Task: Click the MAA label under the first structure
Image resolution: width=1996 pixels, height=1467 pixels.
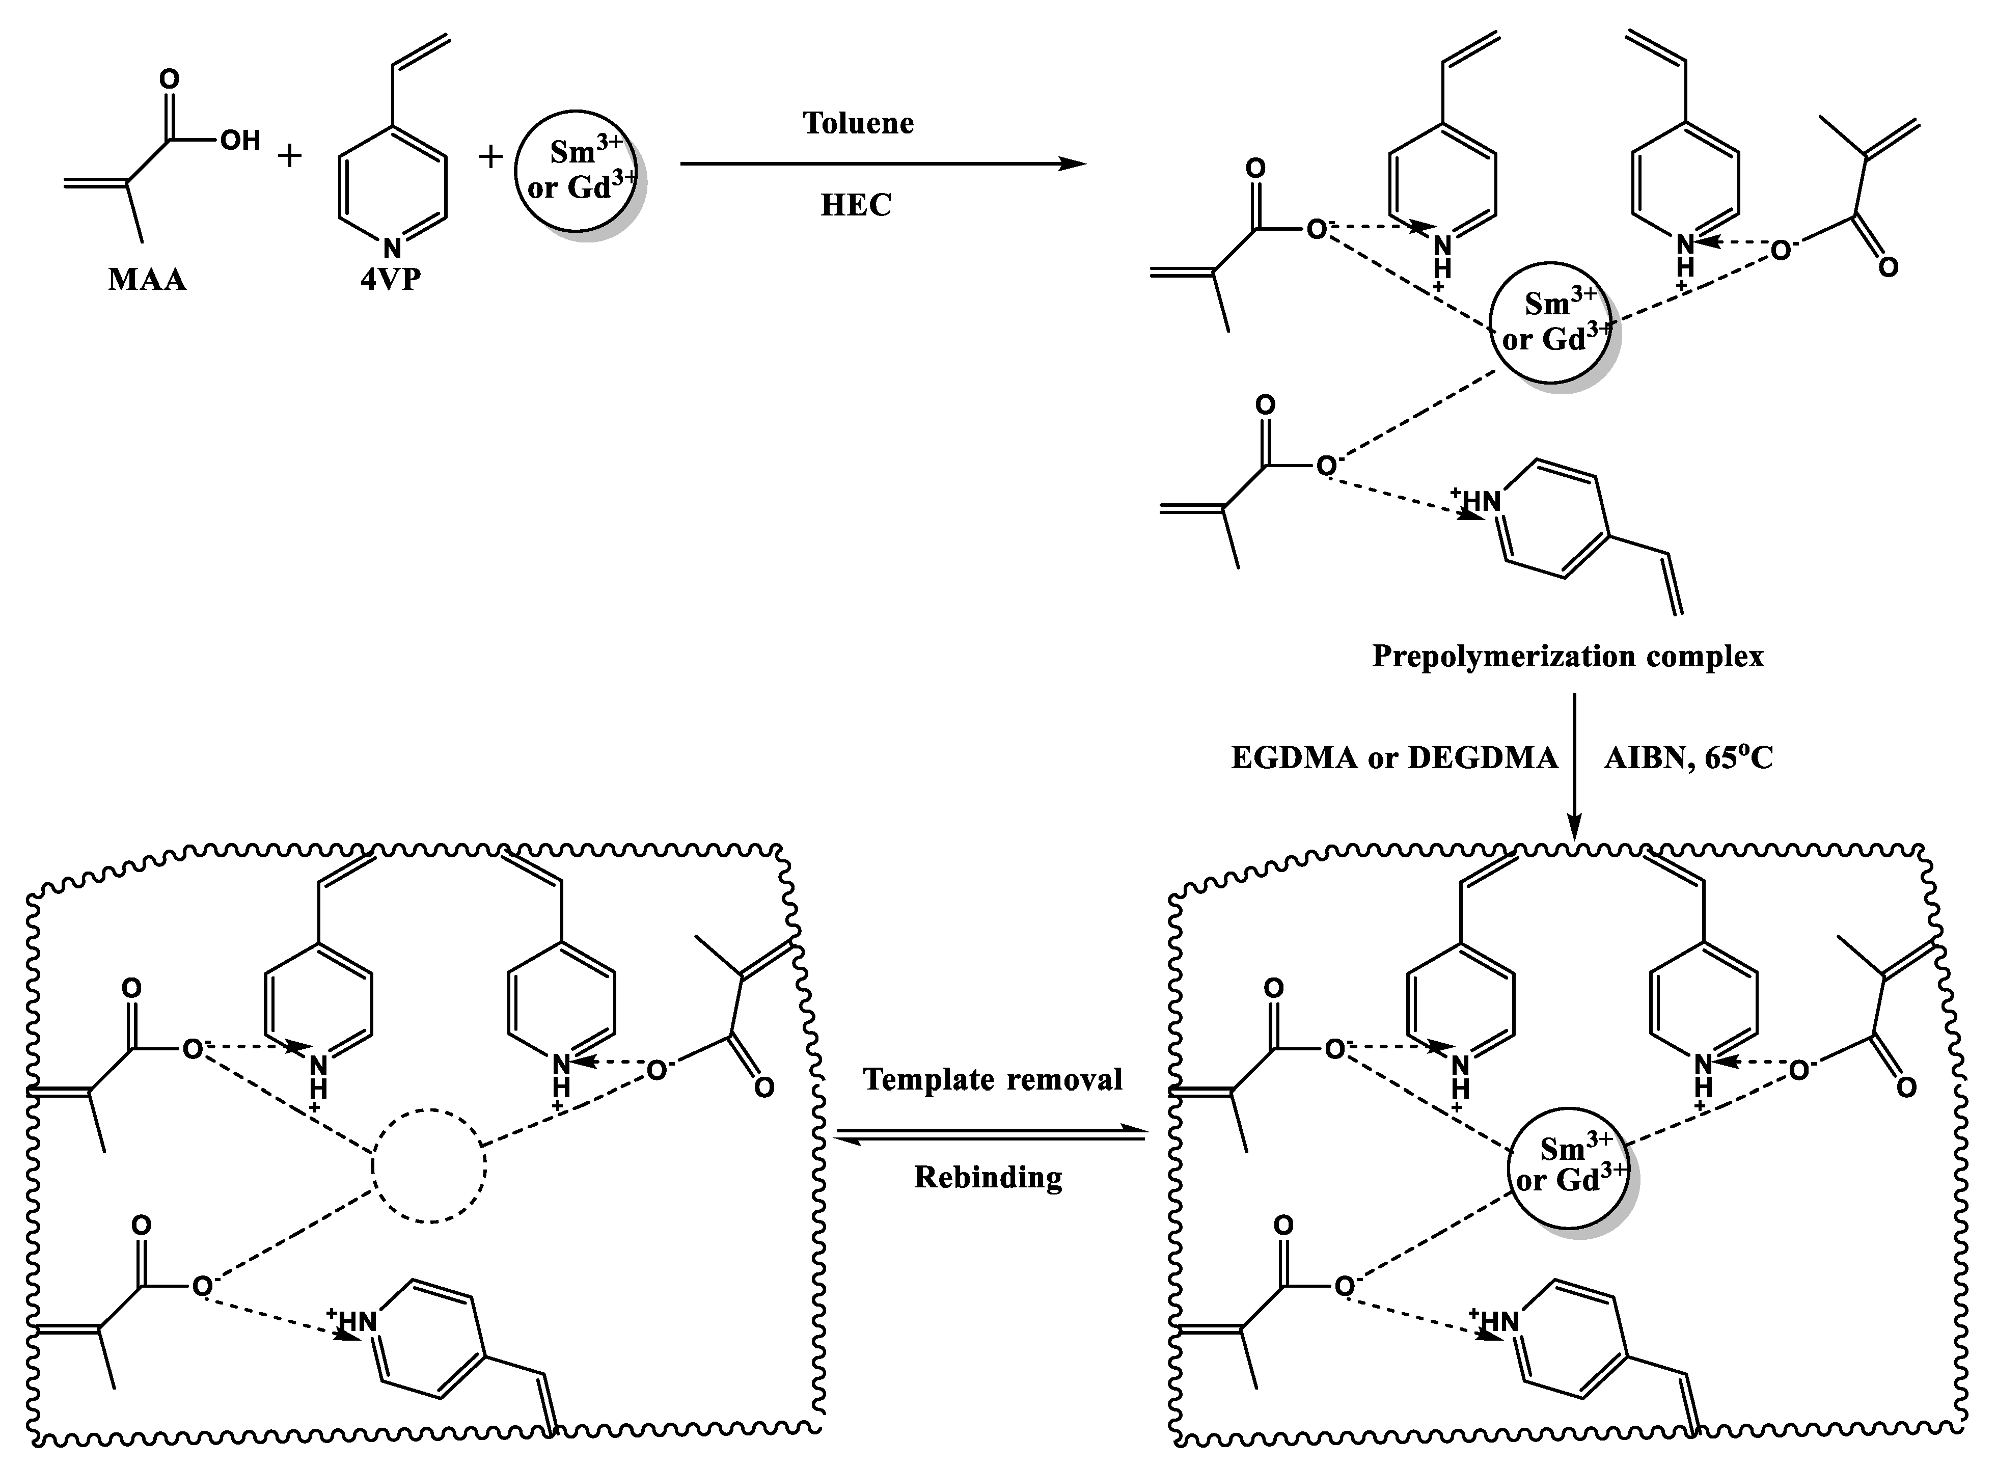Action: (147, 281)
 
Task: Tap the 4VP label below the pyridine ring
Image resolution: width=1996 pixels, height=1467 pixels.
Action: (391, 281)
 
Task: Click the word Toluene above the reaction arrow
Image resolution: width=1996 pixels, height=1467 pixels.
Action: (858, 123)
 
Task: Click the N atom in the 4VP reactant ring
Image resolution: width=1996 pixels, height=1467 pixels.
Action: (392, 248)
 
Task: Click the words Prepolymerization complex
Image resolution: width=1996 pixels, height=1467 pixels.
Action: (1567, 656)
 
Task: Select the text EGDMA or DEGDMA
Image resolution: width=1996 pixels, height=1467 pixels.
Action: (1394, 757)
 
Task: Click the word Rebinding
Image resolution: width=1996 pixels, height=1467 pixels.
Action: (988, 1178)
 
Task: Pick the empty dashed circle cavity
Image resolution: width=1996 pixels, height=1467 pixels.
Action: (429, 1166)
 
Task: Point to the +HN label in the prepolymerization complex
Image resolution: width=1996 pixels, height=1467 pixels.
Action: (1475, 501)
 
